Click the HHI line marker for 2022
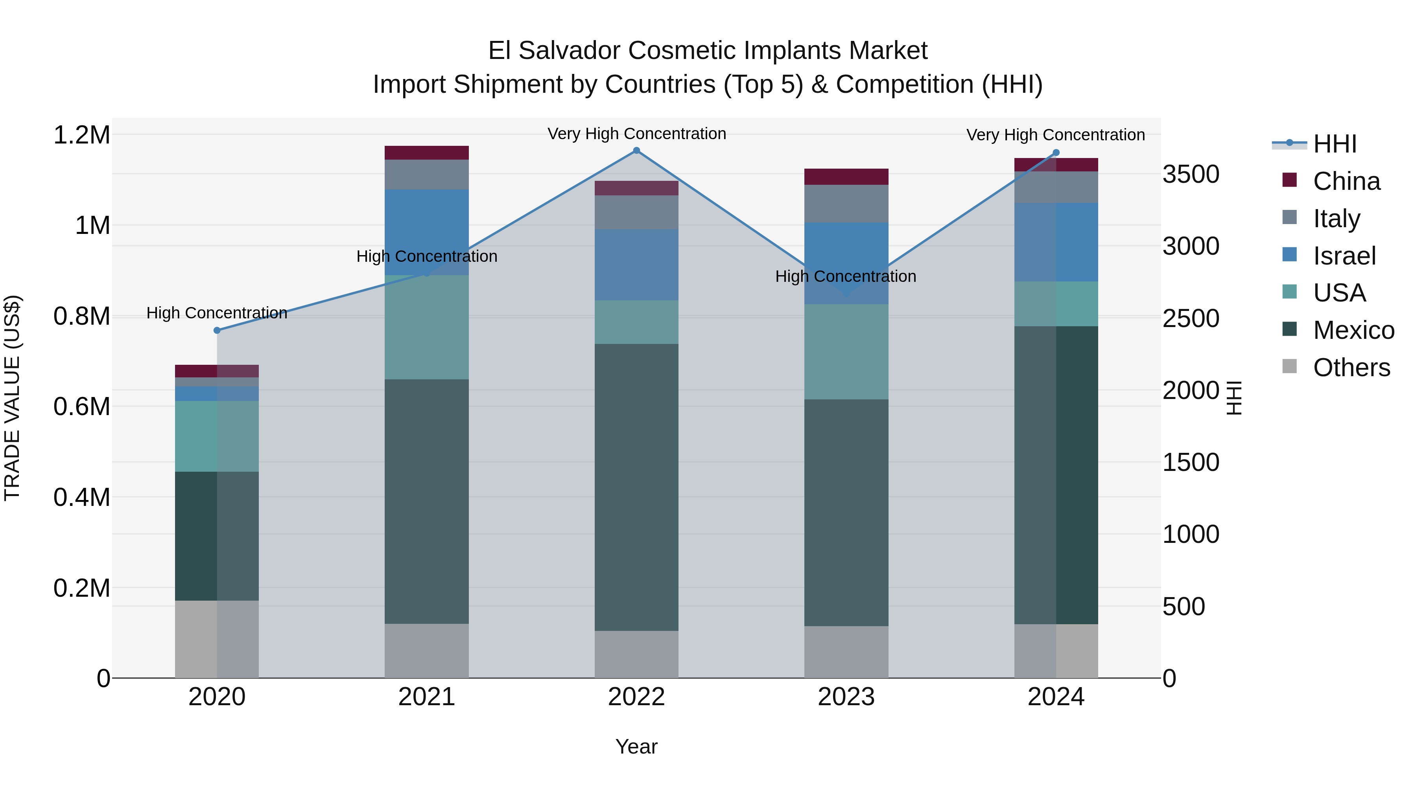tap(636, 151)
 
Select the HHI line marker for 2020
tap(217, 330)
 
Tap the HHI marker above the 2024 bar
tap(1056, 153)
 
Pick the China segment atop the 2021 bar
tap(426, 153)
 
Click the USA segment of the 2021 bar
tap(426, 327)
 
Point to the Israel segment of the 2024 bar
tap(1056, 242)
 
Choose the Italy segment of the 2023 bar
tap(846, 203)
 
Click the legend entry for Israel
tap(1344, 256)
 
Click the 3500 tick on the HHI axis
tap(1191, 174)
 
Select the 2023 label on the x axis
tap(846, 697)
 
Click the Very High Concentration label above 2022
tap(636, 134)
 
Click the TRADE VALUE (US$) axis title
tap(12, 398)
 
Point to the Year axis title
tap(636, 746)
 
